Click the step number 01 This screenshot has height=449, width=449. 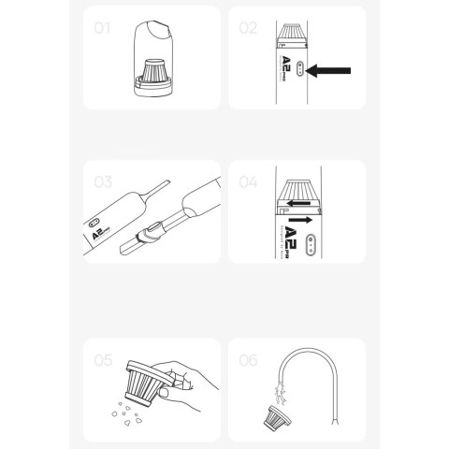point(102,27)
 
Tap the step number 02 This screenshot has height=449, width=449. point(248,27)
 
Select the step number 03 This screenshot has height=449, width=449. point(103,181)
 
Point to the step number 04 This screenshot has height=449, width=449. point(248,181)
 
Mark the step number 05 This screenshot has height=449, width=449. point(103,358)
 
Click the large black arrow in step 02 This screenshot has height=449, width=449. point(330,70)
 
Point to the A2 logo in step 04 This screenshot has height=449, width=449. point(291,241)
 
